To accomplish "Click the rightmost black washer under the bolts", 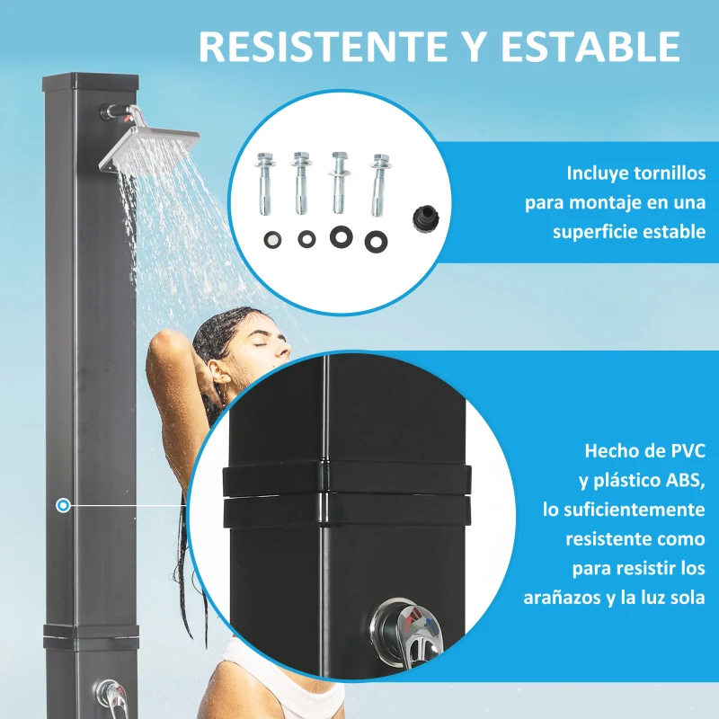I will tap(373, 240).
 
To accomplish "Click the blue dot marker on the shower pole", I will tap(62, 506).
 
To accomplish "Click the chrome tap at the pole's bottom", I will tap(111, 695).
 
